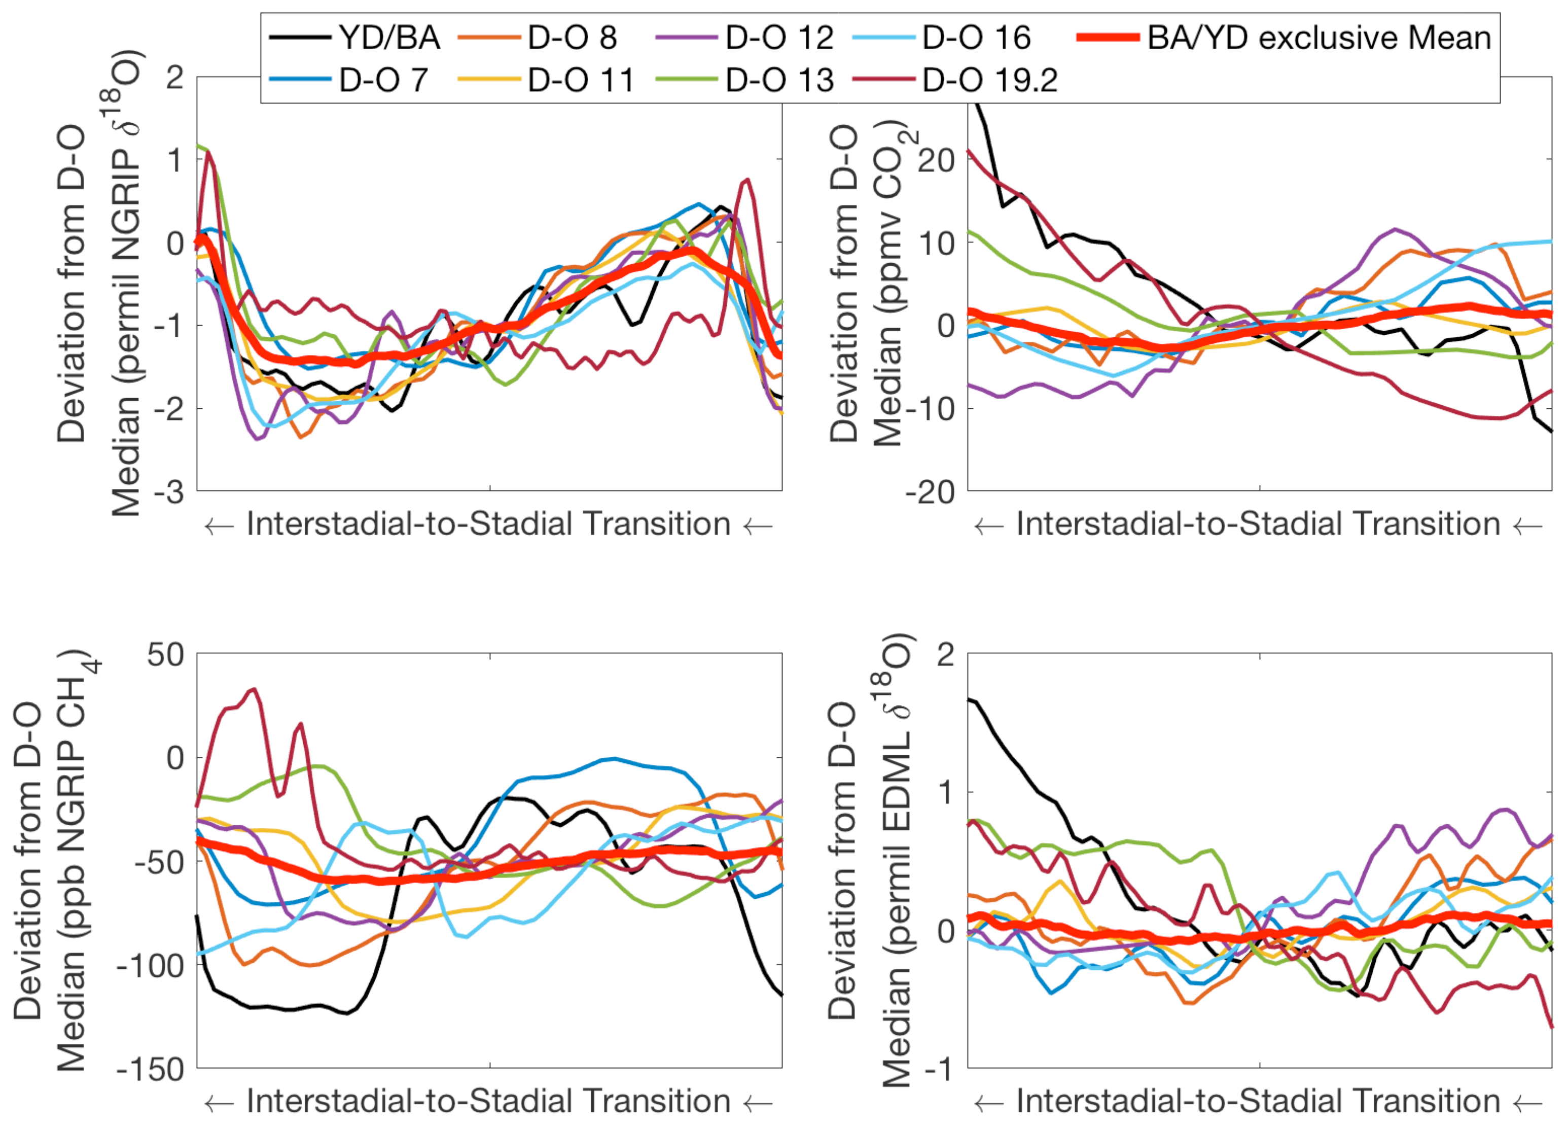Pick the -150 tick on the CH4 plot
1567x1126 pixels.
point(151,1069)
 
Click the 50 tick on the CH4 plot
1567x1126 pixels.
point(166,655)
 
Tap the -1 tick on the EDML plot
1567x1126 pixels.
point(938,1069)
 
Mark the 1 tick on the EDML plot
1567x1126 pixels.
point(945,792)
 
